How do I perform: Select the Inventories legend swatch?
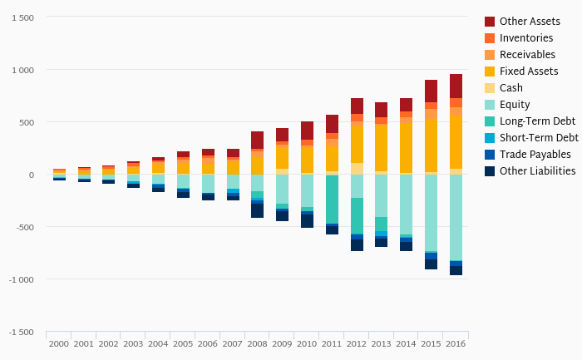[x=490, y=38]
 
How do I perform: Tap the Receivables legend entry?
[x=527, y=55]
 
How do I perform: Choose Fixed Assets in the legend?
[x=529, y=72]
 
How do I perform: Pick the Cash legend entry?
[x=511, y=88]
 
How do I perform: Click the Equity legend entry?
[x=515, y=105]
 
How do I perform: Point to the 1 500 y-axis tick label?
[x=22, y=18]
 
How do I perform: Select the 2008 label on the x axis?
[x=258, y=343]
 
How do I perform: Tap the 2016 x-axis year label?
[x=456, y=343]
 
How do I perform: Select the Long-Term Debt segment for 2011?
[x=332, y=200]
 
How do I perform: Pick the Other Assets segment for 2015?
[x=431, y=91]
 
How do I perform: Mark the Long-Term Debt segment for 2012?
[x=357, y=216]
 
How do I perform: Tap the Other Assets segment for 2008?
[x=258, y=141]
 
